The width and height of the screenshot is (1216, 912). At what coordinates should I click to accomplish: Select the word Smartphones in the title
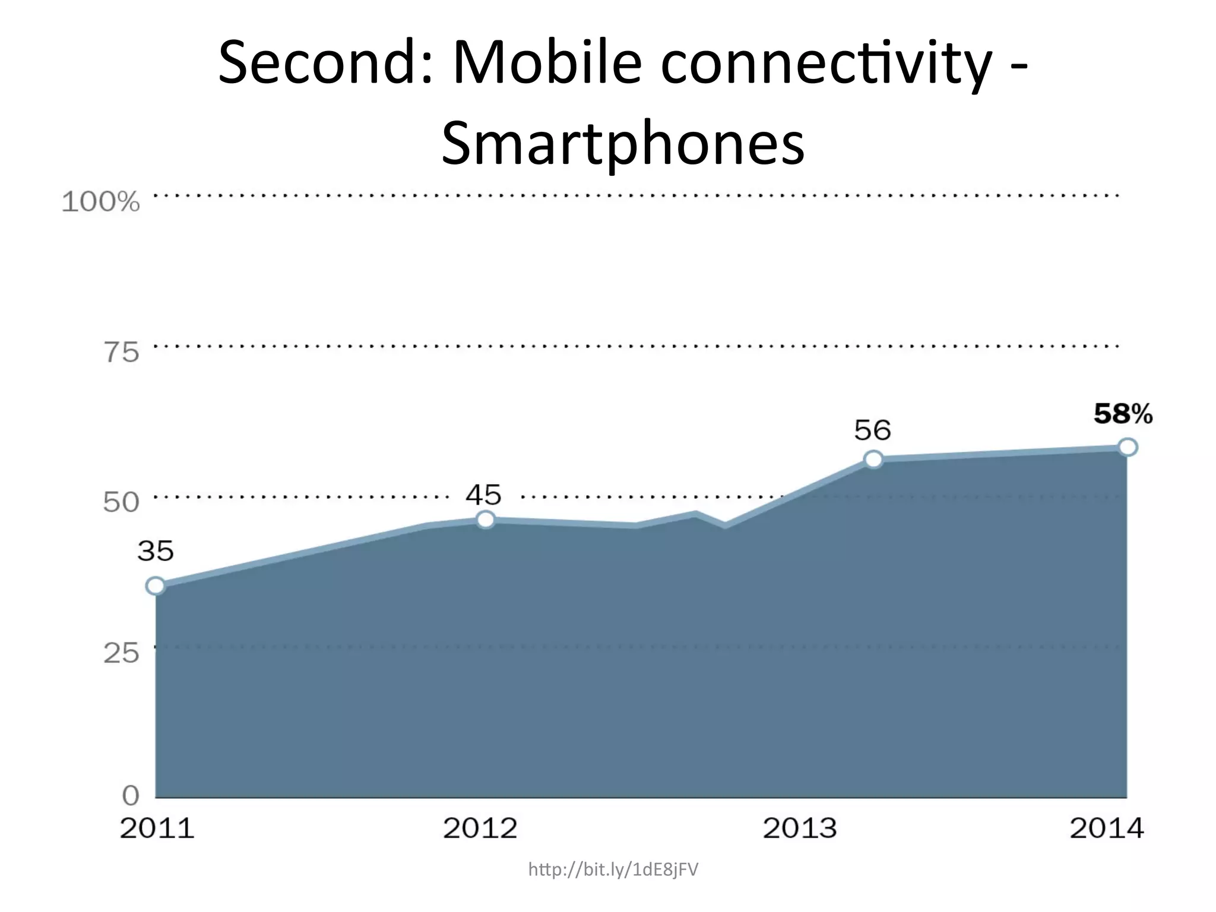pos(623,144)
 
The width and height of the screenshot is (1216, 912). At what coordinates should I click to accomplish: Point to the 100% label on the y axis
pos(101,202)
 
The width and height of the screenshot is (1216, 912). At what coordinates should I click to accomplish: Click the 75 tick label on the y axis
pos(121,353)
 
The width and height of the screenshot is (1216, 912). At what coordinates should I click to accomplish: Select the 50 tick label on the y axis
pos(121,503)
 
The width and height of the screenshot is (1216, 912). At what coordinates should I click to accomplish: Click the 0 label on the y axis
pos(131,795)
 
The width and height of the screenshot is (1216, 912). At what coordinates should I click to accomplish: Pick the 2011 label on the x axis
pos(157,828)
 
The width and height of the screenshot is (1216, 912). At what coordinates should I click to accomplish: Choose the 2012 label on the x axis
pos(480,828)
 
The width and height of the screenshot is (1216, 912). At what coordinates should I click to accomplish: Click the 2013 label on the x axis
pos(800,828)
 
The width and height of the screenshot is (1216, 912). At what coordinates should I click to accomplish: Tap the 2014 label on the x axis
pos(1107,828)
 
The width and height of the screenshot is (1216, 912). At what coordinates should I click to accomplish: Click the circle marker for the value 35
pos(156,586)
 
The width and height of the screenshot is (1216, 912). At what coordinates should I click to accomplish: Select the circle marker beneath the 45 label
pos(486,520)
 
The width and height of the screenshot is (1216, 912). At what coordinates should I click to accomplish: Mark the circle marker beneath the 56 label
pos(873,459)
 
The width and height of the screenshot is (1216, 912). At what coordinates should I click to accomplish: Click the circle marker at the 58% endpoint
pos(1128,447)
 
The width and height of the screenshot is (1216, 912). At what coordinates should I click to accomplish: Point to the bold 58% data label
pos(1123,414)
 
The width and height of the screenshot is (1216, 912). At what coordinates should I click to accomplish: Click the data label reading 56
pos(872,430)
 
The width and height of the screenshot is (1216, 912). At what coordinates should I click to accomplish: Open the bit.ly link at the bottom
pos(613,870)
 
